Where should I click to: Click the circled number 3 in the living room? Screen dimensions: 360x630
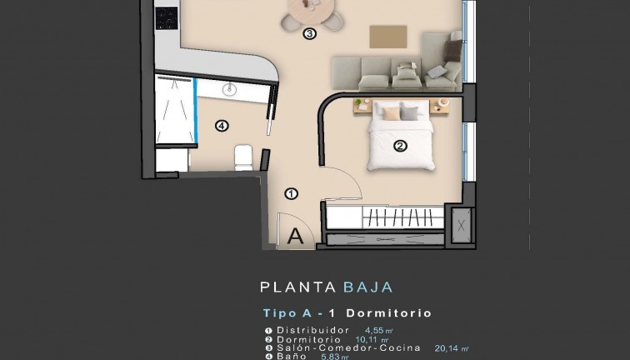(309, 34)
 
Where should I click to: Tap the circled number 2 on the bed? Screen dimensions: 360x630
(399, 146)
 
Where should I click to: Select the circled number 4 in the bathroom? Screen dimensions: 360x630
(221, 127)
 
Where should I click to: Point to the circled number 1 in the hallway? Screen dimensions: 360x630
(291, 193)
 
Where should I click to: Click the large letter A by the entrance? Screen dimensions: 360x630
(294, 236)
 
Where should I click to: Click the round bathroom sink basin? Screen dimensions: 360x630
(231, 88)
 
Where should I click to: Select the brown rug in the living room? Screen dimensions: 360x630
(387, 37)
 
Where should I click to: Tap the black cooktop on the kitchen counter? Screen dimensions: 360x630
(167, 17)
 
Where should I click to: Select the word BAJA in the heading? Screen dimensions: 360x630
(367, 287)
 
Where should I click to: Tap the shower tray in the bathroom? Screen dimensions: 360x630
(173, 109)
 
